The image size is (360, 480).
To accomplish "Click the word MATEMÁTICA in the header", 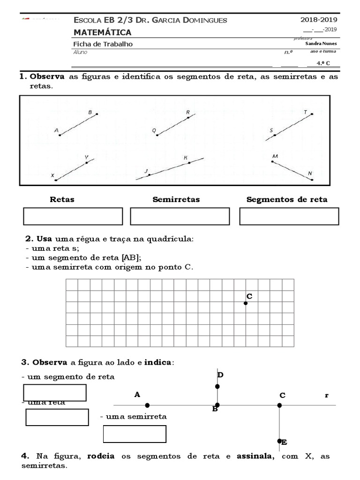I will click(x=102, y=32).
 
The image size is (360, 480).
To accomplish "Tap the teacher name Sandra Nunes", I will click(x=321, y=44).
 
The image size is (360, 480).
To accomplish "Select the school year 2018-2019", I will click(x=318, y=20).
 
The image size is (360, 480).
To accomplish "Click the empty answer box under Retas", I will click(x=73, y=217).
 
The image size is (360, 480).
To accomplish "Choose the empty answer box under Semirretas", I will click(x=180, y=217).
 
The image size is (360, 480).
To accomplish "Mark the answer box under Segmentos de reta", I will click(x=289, y=217).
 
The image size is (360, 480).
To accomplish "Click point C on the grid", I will click(x=246, y=303).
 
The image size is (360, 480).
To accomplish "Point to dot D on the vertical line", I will click(x=217, y=386).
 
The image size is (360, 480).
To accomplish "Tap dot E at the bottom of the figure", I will click(x=279, y=441).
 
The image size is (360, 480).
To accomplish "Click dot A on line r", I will click(x=147, y=405).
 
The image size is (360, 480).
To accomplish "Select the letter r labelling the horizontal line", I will click(x=327, y=395).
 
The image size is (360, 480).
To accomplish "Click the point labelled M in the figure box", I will click(x=272, y=161).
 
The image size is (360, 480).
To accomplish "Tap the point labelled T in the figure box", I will click(x=312, y=114).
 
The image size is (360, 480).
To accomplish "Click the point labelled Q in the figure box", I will click(x=157, y=135).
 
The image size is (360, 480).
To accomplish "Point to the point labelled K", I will click(x=189, y=164).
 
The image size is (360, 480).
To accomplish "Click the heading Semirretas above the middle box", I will click(x=176, y=200).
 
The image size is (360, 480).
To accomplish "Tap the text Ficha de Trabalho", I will click(x=103, y=44).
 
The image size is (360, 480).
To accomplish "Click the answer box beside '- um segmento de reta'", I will click(x=55, y=393).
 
